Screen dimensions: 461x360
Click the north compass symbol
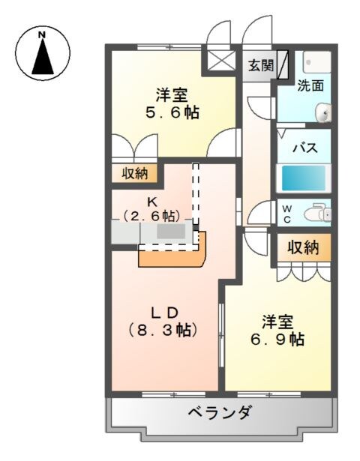point(43,52)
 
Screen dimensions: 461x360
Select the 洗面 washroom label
point(310,85)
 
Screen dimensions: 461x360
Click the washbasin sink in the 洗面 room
point(323,113)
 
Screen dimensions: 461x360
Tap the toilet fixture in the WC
point(316,214)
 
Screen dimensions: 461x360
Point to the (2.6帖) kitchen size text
point(152,216)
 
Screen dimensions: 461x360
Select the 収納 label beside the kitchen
point(136,174)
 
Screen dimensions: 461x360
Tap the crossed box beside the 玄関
point(222,60)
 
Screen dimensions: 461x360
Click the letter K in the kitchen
point(151,201)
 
